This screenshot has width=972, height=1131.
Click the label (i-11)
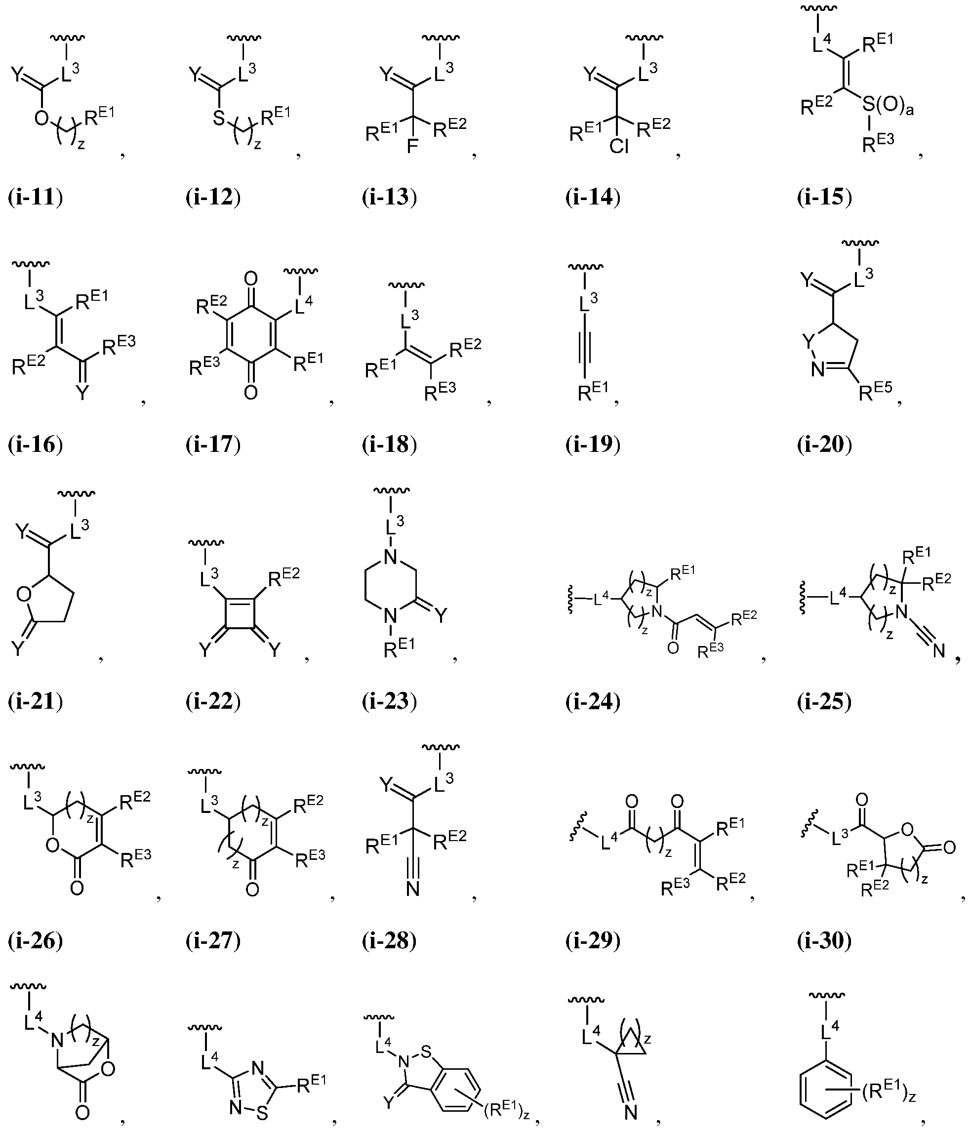pyautogui.click(x=36, y=197)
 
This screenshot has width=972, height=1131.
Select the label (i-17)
pyautogui.click(x=213, y=444)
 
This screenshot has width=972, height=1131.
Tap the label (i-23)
pyautogui.click(x=390, y=701)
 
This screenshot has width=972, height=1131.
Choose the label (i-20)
pyautogui.click(x=825, y=444)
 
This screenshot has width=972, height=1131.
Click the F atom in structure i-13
pyautogui.click(x=412, y=147)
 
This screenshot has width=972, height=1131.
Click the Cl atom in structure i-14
pyautogui.click(x=619, y=147)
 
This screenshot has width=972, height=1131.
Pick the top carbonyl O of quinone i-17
pyautogui.click(x=250, y=280)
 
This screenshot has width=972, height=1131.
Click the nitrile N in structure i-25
pyautogui.click(x=939, y=650)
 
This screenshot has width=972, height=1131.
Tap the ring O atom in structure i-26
pyautogui.click(x=53, y=846)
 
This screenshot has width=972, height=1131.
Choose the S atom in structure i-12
pyautogui.click(x=219, y=118)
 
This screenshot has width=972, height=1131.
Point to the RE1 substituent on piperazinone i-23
pyautogui.click(x=399, y=648)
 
